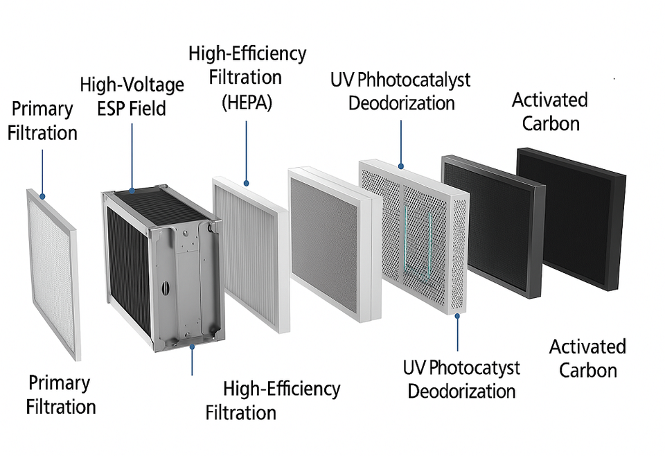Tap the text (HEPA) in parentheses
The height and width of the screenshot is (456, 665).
click(x=247, y=102)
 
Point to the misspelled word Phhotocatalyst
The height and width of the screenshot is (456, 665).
click(x=413, y=80)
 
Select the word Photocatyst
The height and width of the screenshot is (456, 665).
click(x=474, y=367)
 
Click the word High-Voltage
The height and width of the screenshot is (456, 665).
click(x=132, y=86)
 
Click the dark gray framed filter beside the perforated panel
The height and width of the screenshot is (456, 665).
click(x=493, y=225)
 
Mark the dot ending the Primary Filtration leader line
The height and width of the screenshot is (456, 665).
click(x=42, y=197)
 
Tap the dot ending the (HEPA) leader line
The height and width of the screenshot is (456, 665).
click(x=246, y=184)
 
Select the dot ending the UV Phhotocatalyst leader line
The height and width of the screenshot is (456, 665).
click(x=400, y=166)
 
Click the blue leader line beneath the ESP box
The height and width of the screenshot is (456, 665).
click(x=192, y=360)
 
